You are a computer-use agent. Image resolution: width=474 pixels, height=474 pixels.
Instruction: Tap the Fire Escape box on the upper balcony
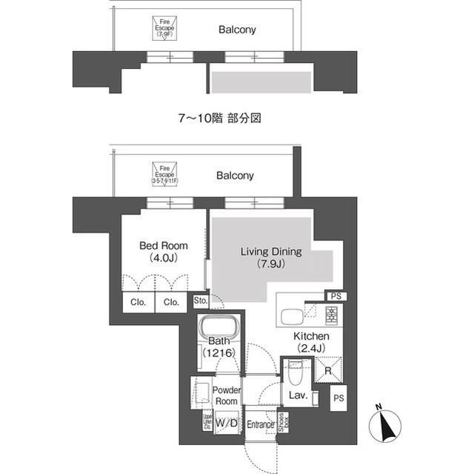tap(164, 29)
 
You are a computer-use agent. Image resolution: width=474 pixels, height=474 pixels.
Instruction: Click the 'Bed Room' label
tap(164, 246)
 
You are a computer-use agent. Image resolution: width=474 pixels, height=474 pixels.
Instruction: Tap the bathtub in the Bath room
tap(218, 329)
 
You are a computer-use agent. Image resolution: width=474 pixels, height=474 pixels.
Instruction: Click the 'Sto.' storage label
tap(200, 301)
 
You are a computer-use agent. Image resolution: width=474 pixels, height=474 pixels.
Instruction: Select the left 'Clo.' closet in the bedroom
tap(138, 302)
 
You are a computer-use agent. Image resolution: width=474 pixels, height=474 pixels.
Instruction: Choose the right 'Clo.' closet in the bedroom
tap(171, 302)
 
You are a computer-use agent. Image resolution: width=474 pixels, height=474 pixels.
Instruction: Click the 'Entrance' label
tap(260, 424)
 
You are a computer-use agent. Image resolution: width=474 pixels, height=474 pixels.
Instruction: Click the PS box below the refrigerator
tap(338, 398)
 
